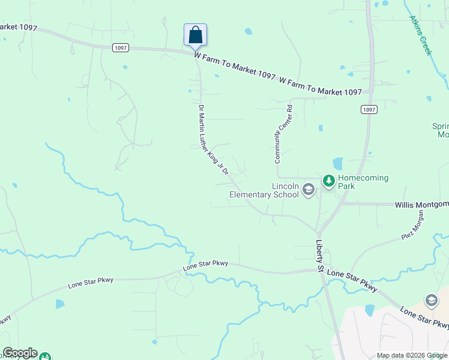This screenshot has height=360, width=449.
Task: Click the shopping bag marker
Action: point(195,34)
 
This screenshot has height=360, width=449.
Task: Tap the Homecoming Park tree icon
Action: point(328,180)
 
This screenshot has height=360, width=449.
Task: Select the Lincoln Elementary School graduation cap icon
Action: point(309,190)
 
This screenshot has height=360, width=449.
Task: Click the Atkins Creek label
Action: point(420,35)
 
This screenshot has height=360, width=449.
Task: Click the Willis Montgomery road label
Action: point(421,205)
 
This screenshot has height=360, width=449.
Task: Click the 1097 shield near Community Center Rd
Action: point(369,109)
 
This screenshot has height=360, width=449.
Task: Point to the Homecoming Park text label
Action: point(363,182)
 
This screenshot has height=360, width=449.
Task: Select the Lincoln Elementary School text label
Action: point(265,190)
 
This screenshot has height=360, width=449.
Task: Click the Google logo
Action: point(20,353)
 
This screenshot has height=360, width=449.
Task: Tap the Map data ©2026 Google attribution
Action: point(411,355)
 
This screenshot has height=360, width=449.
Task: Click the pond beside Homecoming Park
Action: point(337,163)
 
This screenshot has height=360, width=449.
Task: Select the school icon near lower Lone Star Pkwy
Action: point(431,300)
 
